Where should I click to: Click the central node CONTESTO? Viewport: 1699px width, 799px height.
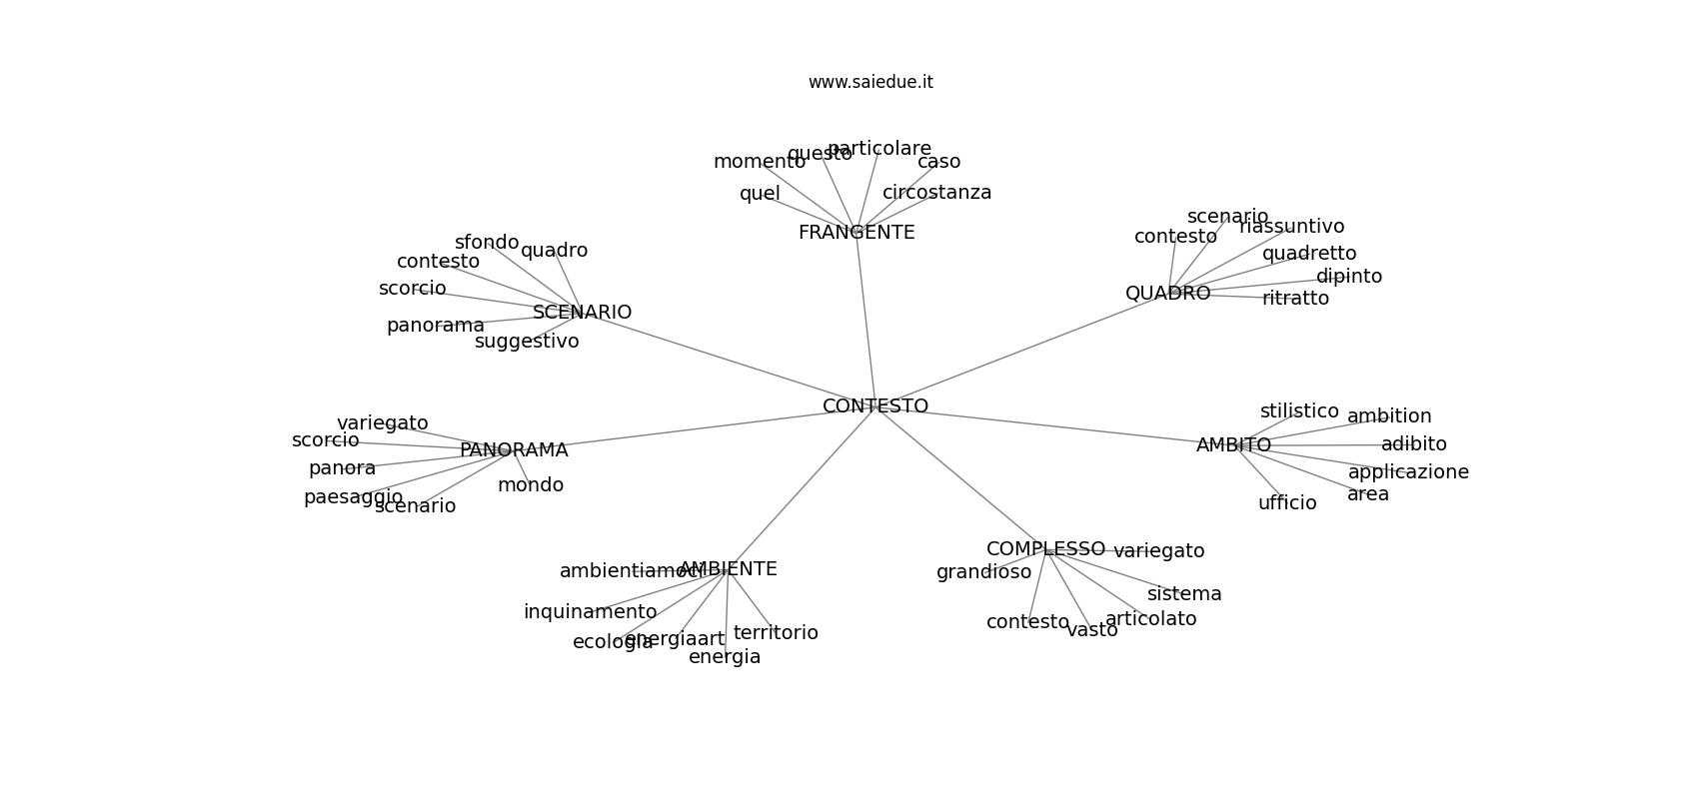coord(875,406)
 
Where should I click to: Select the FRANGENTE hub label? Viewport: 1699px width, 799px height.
coord(856,233)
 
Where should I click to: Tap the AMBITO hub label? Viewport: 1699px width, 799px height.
coord(1233,445)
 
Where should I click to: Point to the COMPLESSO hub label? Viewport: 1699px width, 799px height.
coord(1045,549)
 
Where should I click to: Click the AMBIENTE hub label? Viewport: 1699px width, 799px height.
coord(729,569)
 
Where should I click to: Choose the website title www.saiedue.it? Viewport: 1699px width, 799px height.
coord(870,82)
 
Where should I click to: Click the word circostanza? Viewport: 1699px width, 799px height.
coord(936,193)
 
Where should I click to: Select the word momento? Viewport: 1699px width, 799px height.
coord(759,162)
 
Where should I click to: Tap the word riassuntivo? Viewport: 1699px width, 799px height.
coord(1291,227)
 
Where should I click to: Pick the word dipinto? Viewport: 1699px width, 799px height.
coord(1348,277)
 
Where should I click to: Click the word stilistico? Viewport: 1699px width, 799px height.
coord(1299,411)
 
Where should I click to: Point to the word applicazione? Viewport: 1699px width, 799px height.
coord(1408,472)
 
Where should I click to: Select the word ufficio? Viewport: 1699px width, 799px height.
coord(1287,503)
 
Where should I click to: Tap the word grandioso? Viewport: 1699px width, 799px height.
coord(983,572)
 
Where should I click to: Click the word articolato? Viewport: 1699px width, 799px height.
coord(1150,619)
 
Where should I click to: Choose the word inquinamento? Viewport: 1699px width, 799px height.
coord(590,612)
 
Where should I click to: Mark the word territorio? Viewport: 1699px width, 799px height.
coord(776,633)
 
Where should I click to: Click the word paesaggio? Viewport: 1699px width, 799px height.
coord(353,497)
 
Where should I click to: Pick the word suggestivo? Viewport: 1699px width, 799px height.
coord(527,342)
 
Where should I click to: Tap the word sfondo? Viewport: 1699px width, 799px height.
coord(487,243)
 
